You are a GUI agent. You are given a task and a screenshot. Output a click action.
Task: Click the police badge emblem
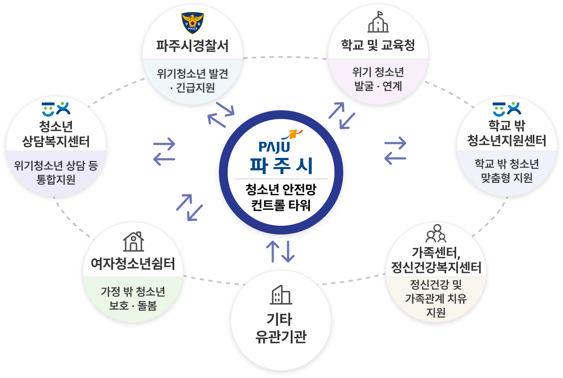[193, 24]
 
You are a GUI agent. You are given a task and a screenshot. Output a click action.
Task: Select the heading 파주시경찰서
[193, 46]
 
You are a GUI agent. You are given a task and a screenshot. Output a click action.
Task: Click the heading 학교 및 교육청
[378, 45]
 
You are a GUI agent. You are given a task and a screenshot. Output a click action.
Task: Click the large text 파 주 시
[281, 165]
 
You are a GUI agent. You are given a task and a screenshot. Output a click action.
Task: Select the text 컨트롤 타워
[281, 205]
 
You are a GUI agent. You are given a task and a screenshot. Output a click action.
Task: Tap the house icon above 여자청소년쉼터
[133, 242]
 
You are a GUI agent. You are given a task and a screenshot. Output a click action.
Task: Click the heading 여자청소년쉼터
[133, 264]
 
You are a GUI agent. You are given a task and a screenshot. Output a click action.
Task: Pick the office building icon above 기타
[281, 295]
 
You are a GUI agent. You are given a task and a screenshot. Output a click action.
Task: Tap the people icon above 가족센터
[436, 234]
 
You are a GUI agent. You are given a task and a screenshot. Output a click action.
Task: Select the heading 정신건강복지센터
[436, 267]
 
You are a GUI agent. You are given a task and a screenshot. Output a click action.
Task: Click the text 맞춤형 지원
[507, 178]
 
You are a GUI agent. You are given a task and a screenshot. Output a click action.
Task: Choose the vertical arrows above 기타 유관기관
[281, 251]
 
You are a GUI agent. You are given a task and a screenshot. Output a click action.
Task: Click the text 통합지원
[56, 179]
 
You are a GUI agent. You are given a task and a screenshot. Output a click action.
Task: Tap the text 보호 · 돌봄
[133, 306]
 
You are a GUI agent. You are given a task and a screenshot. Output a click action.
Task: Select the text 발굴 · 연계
[378, 86]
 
